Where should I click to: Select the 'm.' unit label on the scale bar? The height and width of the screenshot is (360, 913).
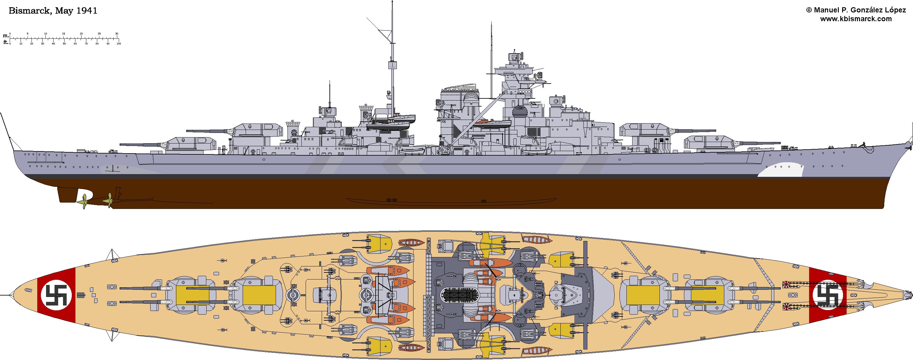6,36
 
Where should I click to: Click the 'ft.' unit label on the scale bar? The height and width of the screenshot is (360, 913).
6,42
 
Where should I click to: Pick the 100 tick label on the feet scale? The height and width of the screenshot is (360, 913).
119,44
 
